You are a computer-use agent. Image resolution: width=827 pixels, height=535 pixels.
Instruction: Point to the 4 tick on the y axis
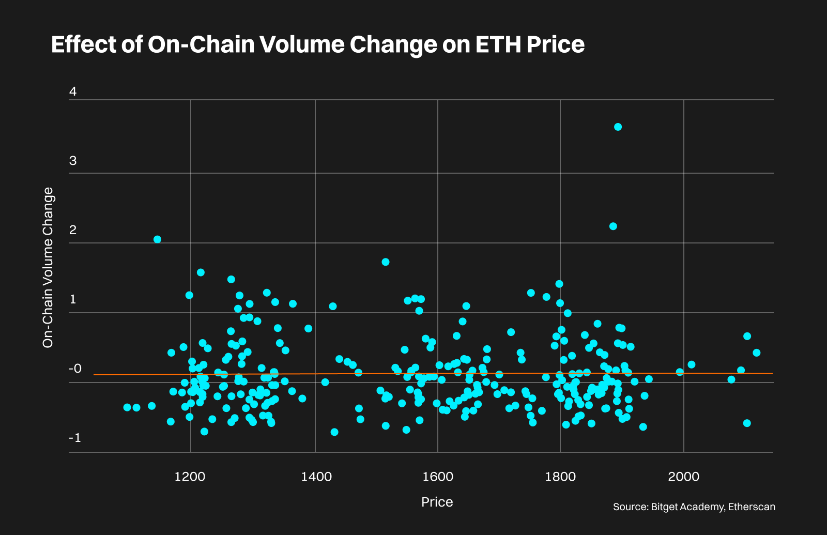(73, 91)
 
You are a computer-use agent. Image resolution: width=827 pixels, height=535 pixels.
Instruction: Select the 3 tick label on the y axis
(73, 161)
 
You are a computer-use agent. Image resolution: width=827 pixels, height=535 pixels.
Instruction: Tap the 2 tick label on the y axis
(73, 230)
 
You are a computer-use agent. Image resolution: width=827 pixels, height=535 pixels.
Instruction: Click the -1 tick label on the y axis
(75, 438)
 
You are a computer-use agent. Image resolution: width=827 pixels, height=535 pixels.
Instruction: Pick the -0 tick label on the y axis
(75, 369)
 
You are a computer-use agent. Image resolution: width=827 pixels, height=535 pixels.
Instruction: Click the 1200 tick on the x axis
(190, 477)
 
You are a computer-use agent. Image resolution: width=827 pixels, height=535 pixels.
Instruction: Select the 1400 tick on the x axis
(316, 477)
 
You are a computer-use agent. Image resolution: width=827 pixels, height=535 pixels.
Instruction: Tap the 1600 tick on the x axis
(438, 477)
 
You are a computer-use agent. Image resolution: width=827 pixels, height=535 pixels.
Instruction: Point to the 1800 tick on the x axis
(560, 477)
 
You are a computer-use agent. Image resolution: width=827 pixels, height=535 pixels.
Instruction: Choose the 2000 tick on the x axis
(684, 477)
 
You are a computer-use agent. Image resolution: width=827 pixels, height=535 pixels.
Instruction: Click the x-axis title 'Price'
(437, 502)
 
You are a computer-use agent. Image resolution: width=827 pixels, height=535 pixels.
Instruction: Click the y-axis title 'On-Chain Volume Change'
(48, 267)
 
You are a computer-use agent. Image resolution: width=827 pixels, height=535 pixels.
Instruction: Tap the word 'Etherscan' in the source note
(752, 507)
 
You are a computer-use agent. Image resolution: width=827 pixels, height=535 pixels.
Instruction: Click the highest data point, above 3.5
(618, 127)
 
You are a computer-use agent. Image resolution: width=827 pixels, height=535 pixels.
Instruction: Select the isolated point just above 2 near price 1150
(158, 239)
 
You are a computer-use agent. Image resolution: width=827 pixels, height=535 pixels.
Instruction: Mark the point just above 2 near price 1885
(613, 226)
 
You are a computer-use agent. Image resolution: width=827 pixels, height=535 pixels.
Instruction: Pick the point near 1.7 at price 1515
(385, 262)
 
